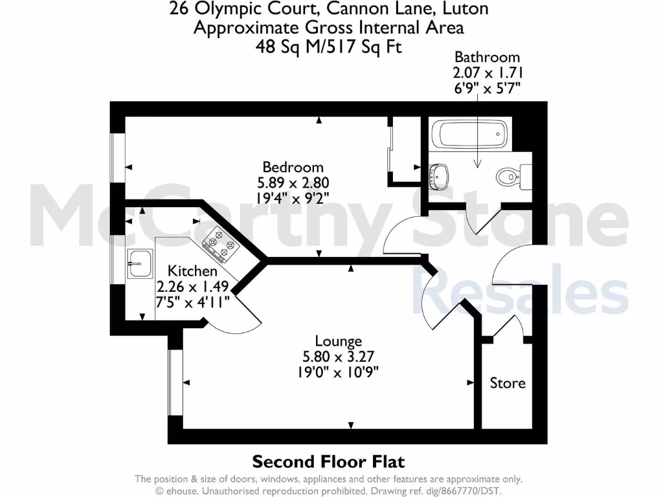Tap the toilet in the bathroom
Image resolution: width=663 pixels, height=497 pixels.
click(x=509, y=175)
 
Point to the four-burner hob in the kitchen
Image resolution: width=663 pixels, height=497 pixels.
click(x=219, y=247)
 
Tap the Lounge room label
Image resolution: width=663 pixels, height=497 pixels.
click(x=338, y=341)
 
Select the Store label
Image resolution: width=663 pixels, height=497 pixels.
click(x=508, y=383)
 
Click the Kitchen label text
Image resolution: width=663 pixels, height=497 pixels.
click(x=192, y=271)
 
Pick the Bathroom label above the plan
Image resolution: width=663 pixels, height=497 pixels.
click(x=487, y=57)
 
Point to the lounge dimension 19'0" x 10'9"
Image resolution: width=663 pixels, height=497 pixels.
click(x=338, y=372)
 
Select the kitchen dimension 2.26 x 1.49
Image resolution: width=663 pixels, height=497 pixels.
click(x=192, y=286)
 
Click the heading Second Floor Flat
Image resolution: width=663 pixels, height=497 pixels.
click(x=328, y=461)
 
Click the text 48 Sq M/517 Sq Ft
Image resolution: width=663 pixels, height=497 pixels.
click(x=328, y=47)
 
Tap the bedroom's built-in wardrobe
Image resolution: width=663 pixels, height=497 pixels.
click(x=405, y=149)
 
